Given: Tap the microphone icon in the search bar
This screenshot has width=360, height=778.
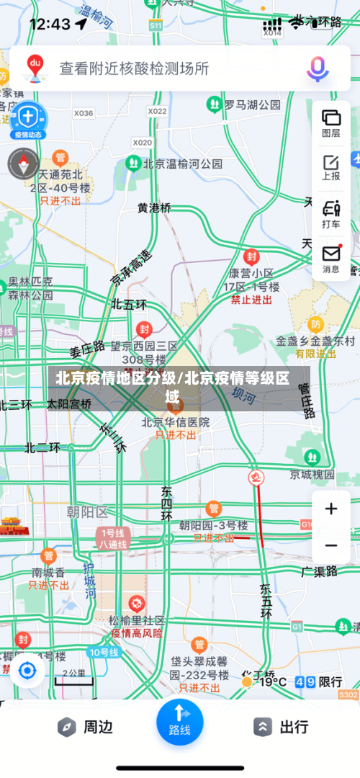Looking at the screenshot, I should [x=317, y=68].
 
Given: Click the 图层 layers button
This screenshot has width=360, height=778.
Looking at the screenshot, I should [x=331, y=123].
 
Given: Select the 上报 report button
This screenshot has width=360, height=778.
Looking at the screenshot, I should [x=331, y=166].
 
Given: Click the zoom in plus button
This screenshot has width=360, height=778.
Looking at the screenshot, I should [x=331, y=509].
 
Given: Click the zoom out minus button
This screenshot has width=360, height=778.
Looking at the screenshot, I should [x=331, y=545].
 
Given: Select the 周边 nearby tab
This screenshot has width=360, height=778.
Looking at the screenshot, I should [x=86, y=727].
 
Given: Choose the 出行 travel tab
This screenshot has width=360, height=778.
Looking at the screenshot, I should [x=282, y=727].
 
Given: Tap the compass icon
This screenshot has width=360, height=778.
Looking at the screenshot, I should [x=23, y=164].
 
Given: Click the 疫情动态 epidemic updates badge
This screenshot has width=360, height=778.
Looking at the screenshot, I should [x=28, y=120].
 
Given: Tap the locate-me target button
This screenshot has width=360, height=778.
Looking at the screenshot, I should [x=27, y=671].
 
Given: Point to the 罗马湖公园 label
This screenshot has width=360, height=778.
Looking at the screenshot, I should [x=251, y=105].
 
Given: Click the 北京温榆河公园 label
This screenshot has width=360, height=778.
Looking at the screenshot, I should [x=183, y=164].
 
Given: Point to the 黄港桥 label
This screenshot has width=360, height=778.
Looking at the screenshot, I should [x=154, y=207].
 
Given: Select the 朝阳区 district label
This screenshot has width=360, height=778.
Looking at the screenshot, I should [x=86, y=512].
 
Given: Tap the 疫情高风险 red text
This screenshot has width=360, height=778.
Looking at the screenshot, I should [x=137, y=634].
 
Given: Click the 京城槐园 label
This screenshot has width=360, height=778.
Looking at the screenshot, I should [x=312, y=475].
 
